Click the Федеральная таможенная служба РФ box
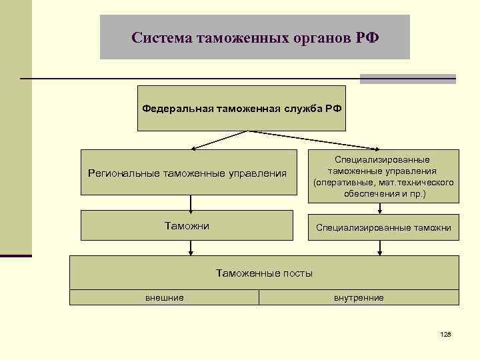[241, 107]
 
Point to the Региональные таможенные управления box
[188, 173]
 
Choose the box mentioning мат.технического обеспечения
[383, 177]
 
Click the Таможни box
[187, 226]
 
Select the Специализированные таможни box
[383, 228]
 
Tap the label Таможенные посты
[264, 273]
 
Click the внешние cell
[164, 297]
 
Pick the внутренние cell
[359, 297]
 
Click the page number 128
[446, 333]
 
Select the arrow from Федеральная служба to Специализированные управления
[313, 139]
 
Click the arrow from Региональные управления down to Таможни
[191, 203]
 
